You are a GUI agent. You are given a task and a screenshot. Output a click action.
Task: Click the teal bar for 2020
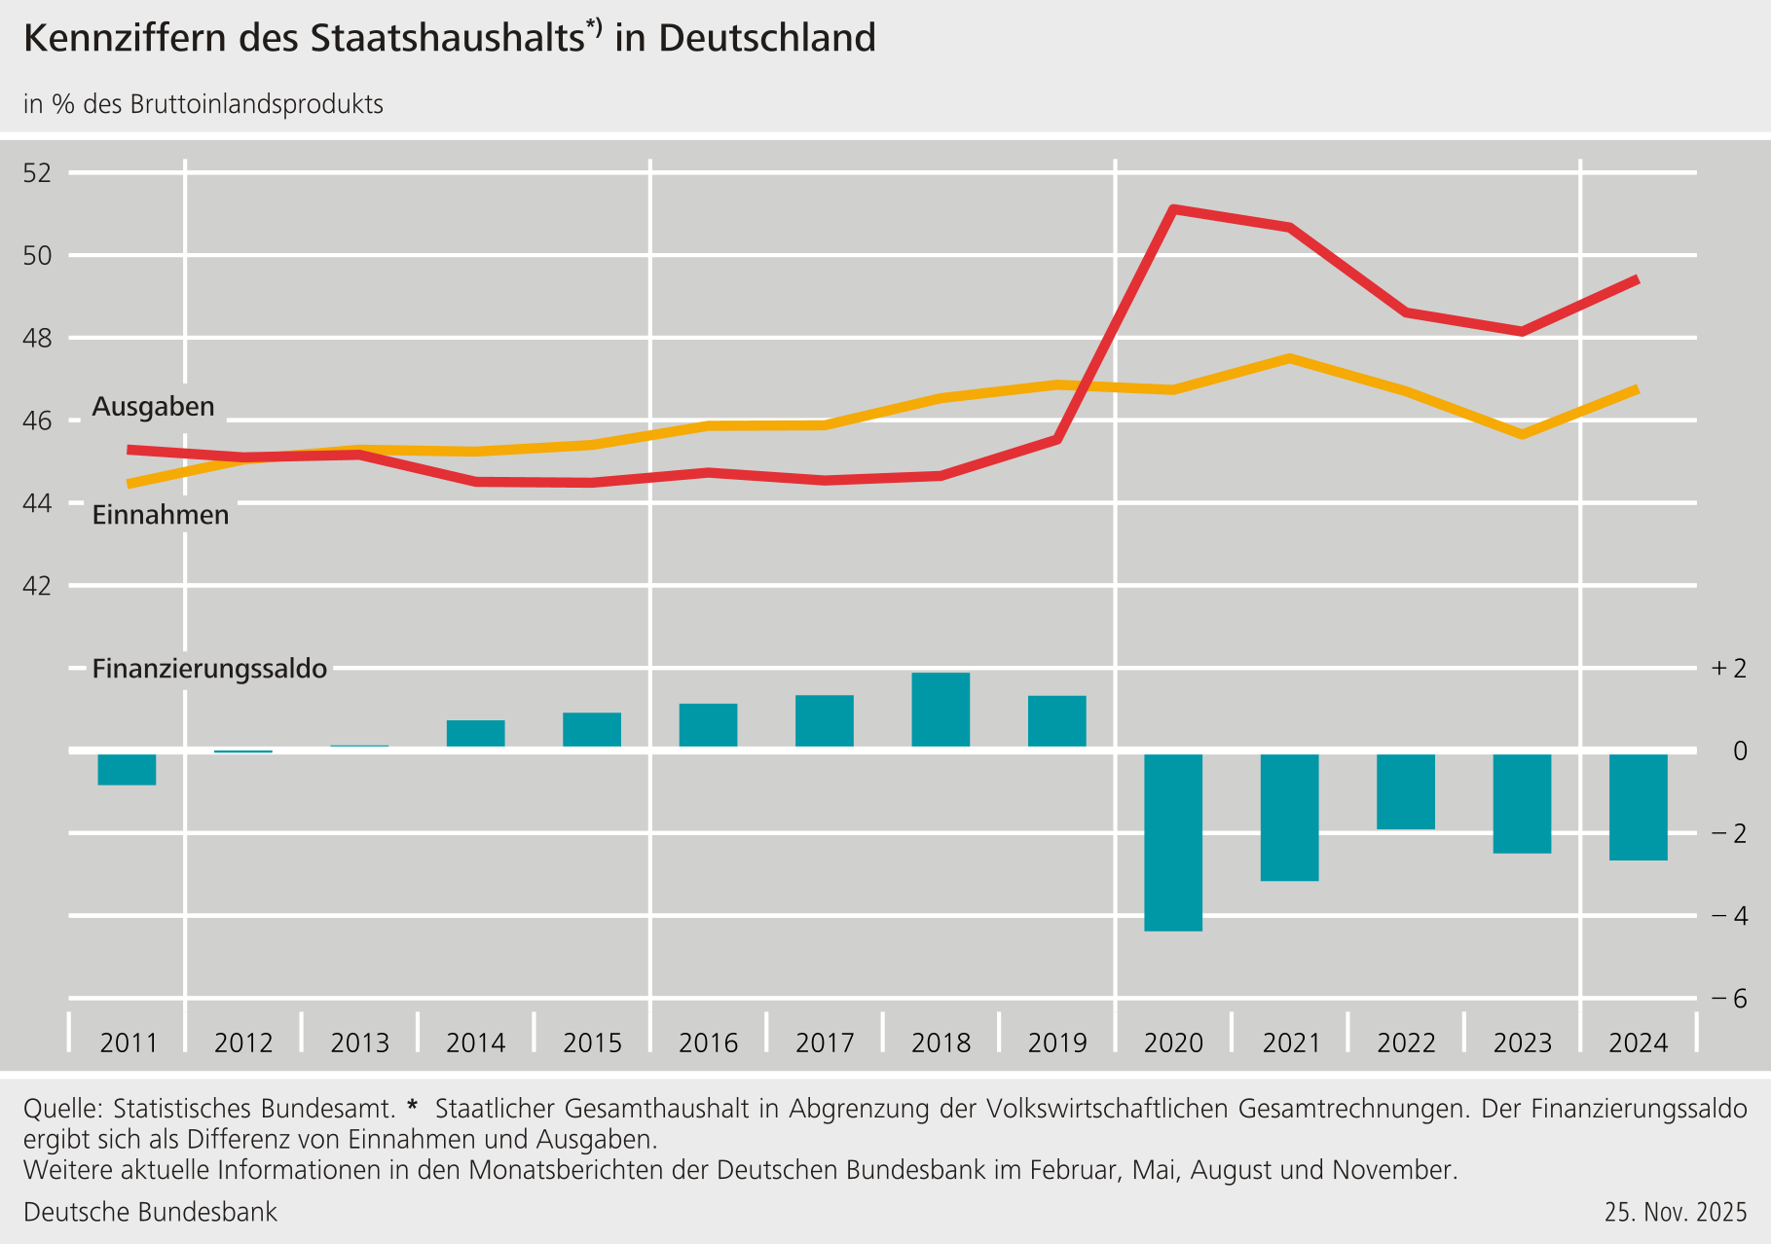click(1173, 842)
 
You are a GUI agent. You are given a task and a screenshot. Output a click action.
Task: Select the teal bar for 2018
click(941, 710)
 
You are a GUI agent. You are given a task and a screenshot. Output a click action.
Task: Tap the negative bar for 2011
click(127, 769)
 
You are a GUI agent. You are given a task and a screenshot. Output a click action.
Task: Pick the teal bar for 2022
click(1406, 791)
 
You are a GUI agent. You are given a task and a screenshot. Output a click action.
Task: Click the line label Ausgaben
click(153, 407)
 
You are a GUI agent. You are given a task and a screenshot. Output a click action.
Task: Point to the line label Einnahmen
click(161, 515)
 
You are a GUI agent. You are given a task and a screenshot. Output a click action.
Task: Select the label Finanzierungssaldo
click(209, 669)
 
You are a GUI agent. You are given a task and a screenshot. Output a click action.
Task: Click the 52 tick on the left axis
click(37, 174)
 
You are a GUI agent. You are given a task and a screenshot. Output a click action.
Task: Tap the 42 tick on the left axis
click(37, 586)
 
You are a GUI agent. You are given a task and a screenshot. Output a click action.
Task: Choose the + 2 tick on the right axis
click(1729, 669)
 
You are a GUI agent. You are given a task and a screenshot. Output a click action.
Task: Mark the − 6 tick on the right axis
click(1729, 999)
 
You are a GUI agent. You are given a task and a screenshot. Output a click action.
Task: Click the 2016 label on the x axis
click(708, 1043)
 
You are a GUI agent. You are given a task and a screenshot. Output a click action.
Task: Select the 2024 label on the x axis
click(1639, 1043)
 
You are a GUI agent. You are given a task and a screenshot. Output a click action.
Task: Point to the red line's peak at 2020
click(1173, 209)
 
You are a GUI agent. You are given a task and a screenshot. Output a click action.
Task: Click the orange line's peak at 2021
click(1289, 358)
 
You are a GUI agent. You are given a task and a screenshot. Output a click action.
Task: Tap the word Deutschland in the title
click(766, 39)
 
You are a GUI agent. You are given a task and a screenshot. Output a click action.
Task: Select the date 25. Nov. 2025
click(1676, 1212)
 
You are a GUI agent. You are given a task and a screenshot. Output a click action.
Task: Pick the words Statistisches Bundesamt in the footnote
click(254, 1109)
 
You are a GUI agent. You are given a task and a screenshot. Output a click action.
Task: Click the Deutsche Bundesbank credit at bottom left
click(150, 1212)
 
